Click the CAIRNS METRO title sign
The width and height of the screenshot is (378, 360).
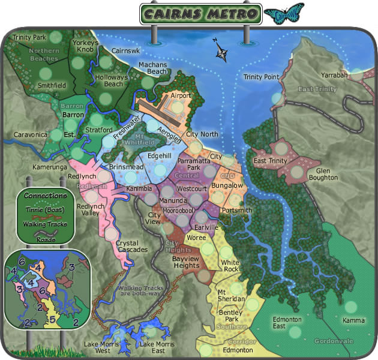tap(201, 14)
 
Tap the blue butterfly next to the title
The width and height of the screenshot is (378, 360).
tap(284, 13)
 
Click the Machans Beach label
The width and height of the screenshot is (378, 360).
tap(152, 68)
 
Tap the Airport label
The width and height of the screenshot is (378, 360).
tap(181, 95)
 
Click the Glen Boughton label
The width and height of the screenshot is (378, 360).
tap(323, 174)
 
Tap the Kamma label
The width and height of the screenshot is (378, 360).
tap(353, 320)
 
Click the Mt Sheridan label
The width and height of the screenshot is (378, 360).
tap(231, 295)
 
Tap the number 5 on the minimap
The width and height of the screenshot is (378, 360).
tap(52, 320)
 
